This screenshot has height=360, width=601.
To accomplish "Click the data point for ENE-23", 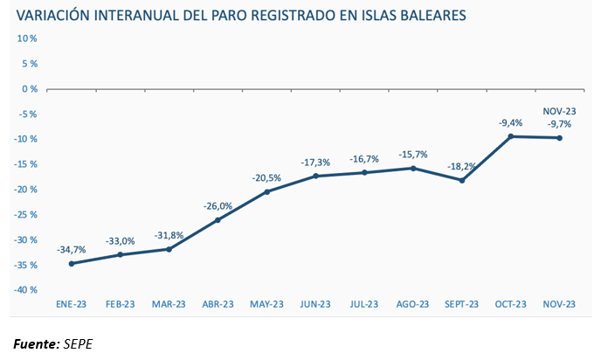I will [x=71, y=263].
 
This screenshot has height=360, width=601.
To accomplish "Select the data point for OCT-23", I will [x=511, y=136].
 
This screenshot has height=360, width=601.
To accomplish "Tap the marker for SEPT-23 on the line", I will [x=462, y=180].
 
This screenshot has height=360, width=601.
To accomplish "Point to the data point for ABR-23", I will [x=218, y=219].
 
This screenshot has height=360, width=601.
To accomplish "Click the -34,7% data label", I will [x=71, y=250].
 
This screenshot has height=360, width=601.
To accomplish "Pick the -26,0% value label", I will [x=218, y=206].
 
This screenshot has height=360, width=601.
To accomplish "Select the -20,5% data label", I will [x=266, y=177].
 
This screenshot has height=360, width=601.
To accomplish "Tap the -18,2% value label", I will [x=462, y=165].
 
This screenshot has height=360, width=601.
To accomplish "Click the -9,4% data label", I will [x=510, y=123].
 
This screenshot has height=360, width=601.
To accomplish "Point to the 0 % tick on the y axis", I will [x=27, y=89].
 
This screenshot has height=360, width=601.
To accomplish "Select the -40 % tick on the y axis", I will [x=25, y=290].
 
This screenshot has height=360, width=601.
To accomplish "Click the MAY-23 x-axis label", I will [x=266, y=304].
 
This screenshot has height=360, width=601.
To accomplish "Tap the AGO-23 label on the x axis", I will [x=413, y=304].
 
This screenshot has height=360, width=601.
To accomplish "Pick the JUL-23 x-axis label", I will [x=364, y=304].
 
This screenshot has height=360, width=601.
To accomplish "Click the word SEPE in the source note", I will [x=79, y=343].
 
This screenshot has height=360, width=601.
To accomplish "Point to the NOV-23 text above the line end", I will [x=559, y=111].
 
